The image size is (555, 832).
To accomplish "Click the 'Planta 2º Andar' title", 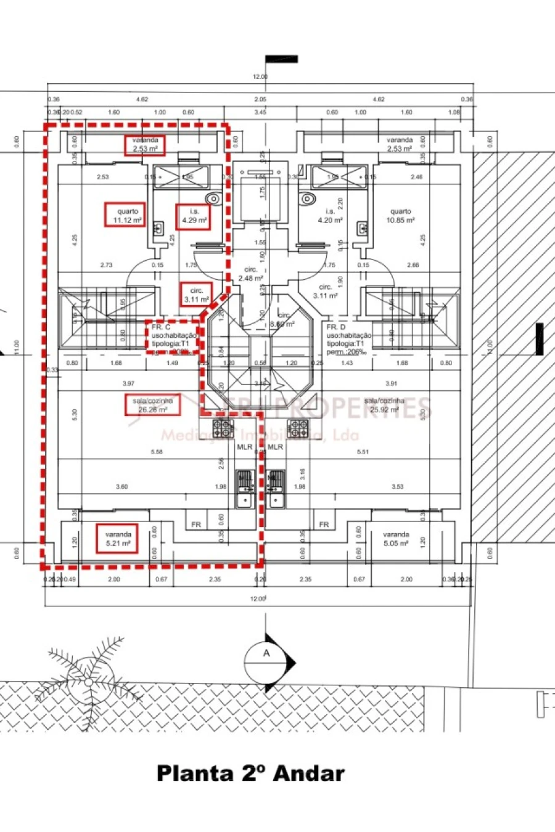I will coord(250,773).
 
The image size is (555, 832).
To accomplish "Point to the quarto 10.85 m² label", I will coord(400,216).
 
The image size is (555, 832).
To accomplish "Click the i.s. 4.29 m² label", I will coord(194,216).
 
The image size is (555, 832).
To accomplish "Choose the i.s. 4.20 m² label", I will coord(330,216).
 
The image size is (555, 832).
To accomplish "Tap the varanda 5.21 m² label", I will coord(117,539).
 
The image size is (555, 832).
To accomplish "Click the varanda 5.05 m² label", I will coord(395,539).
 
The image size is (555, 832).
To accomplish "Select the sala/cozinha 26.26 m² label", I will coord(152,404).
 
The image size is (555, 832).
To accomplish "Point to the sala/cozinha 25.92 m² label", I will coord(384,404).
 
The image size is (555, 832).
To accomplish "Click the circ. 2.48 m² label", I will coord(250,274).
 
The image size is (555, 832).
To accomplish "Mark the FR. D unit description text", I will coord(348,340).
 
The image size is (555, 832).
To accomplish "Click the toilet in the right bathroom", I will coord(306,198).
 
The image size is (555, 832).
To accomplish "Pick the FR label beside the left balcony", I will coord(196,524).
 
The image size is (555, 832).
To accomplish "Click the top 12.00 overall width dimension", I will coord(260,77).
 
